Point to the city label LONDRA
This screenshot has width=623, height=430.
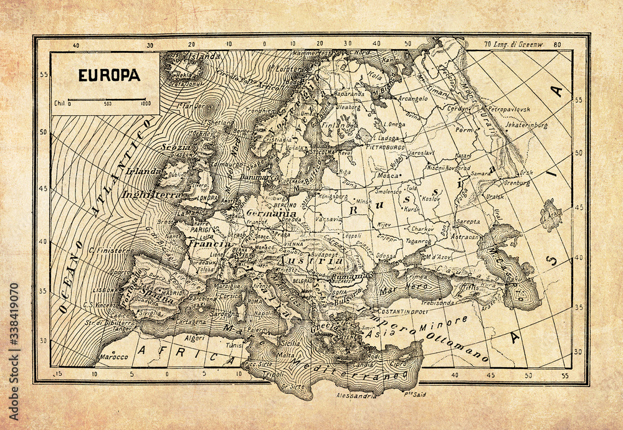(x=207, y=198)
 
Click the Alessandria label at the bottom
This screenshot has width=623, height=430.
(x=355, y=395)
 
